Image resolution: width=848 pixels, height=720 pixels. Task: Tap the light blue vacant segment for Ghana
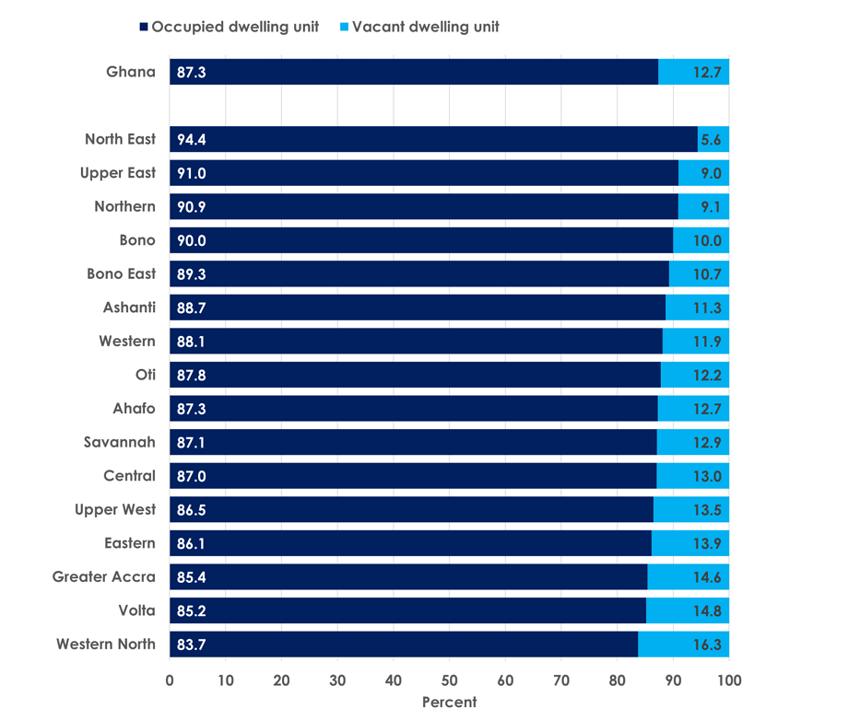point(693,72)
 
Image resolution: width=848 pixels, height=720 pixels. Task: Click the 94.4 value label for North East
point(191,140)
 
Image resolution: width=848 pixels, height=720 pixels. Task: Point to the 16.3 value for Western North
point(706,645)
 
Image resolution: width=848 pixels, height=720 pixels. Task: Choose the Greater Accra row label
point(103,577)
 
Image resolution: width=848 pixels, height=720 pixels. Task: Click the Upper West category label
point(115,510)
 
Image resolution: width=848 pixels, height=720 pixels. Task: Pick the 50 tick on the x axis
point(449,680)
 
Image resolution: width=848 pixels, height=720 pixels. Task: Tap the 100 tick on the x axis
point(728,680)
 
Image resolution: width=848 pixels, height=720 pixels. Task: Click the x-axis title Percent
point(449,703)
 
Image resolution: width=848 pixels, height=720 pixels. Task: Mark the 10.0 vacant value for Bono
point(706,240)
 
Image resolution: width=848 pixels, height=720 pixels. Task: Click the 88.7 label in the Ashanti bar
point(191,308)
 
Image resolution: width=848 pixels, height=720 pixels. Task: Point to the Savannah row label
point(119,443)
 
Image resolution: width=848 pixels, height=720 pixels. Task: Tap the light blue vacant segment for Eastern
point(689,543)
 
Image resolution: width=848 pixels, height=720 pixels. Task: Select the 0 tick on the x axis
point(170,680)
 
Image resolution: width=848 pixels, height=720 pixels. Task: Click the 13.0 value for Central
point(706,476)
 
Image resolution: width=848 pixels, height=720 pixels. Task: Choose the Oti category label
point(145,375)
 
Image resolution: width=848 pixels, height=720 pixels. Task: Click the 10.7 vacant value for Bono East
point(706,274)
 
